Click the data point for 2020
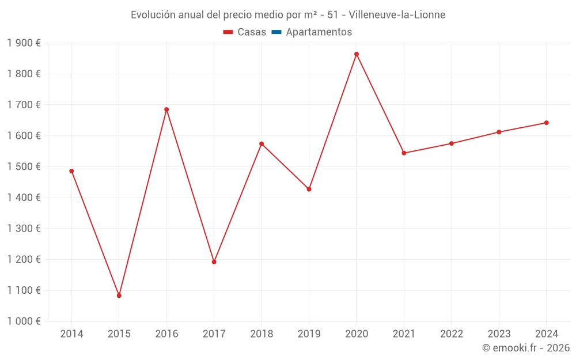coord(357,54)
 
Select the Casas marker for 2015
coord(119,295)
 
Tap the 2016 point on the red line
coord(166,109)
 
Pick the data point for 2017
coord(214,262)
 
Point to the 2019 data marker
coord(309,189)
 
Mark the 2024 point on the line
coord(546,123)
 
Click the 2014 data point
coord(71,171)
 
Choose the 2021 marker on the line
coord(404,153)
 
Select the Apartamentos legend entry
coord(319,32)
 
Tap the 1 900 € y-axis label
coord(24,43)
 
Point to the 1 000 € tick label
coord(24,321)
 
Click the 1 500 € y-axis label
coord(24,167)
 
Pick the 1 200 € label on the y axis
coord(24,260)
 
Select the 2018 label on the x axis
coord(262,334)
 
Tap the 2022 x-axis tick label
coord(452,334)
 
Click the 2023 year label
coord(499,334)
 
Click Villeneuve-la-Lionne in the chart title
coord(397,15)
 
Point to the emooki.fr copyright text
coord(526,348)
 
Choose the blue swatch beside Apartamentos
coord(276,32)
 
